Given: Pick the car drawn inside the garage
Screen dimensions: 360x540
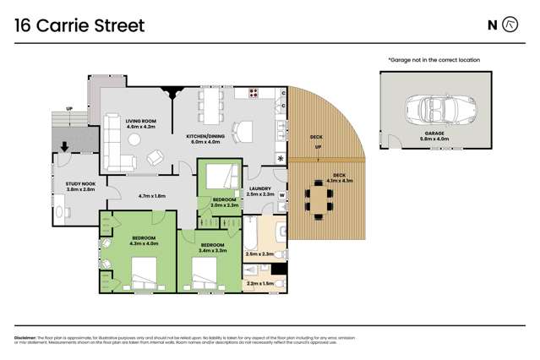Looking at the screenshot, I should tap(434, 108).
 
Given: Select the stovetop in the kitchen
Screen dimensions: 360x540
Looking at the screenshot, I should tap(253, 93).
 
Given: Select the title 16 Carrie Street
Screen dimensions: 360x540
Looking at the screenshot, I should tap(80, 25).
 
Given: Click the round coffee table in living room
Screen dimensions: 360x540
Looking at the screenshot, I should tap(153, 157).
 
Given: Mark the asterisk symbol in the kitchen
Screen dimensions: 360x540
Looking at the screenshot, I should tap(281, 158).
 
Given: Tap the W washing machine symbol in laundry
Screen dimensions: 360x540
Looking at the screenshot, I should tap(282, 195).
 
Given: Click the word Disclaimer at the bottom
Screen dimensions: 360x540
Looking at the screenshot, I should tap(29, 336).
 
